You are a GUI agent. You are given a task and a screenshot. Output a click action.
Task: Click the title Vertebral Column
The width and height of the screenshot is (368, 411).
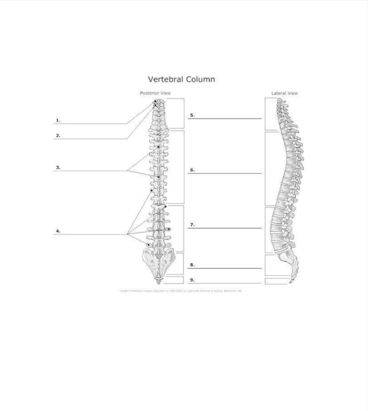pos(181,79)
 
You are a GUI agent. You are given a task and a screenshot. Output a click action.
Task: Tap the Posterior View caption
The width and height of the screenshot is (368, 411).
pos(155,93)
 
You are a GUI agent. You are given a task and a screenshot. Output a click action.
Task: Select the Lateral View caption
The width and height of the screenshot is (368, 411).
pos(285,93)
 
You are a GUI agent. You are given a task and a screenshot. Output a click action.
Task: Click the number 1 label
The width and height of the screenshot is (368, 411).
pos(58,120)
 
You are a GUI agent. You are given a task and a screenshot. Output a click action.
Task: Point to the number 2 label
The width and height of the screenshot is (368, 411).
pos(58,136)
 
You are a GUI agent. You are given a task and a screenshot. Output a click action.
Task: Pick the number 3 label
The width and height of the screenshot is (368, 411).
pos(58,168)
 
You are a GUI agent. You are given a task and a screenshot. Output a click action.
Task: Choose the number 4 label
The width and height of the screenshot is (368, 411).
pos(58,231)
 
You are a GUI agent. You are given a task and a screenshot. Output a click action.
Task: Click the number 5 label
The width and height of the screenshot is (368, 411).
pos(192,115)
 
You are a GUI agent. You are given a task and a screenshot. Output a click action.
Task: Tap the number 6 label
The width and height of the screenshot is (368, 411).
pos(192,170)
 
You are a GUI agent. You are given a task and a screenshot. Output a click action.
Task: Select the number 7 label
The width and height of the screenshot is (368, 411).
pos(192,225)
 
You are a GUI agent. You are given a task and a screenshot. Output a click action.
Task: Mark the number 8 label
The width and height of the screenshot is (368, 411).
pos(192,265)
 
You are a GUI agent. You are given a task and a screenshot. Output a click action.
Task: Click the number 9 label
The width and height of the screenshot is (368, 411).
pos(192,280)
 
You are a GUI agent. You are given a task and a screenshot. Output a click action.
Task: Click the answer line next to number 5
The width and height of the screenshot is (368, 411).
pos(225,119)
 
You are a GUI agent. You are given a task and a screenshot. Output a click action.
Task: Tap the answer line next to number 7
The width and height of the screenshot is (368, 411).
pos(225,228)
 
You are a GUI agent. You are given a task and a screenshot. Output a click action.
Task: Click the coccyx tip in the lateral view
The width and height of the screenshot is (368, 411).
pos(290,282)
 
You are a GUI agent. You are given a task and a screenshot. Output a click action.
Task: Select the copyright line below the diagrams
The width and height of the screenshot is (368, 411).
pos(181,291)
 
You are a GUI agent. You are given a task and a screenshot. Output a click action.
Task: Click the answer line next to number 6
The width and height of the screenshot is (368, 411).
pos(225,173)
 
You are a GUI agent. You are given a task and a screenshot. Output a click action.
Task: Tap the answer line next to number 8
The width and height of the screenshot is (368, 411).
pos(225,268)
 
